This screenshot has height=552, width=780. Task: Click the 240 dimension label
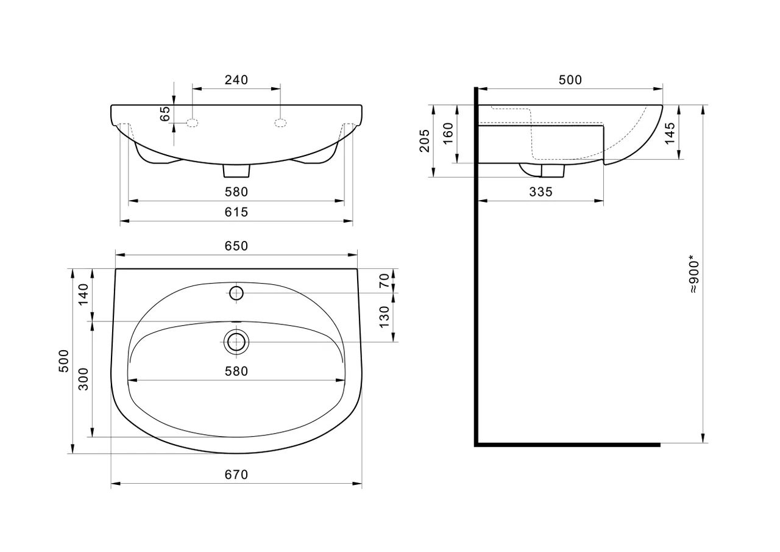coord(236,80)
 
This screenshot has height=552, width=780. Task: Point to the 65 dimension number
coord(165,113)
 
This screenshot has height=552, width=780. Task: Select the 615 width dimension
coord(236,212)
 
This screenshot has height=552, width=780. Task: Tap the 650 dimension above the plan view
coord(236,246)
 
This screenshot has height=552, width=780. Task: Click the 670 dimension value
coord(236,475)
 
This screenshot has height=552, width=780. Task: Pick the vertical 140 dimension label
coord(83,295)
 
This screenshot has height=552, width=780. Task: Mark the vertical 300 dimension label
coord(83,379)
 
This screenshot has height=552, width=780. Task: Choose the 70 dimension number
coord(384,281)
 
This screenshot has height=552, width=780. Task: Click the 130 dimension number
coord(384,317)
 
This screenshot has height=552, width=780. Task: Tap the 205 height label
coord(425,141)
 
